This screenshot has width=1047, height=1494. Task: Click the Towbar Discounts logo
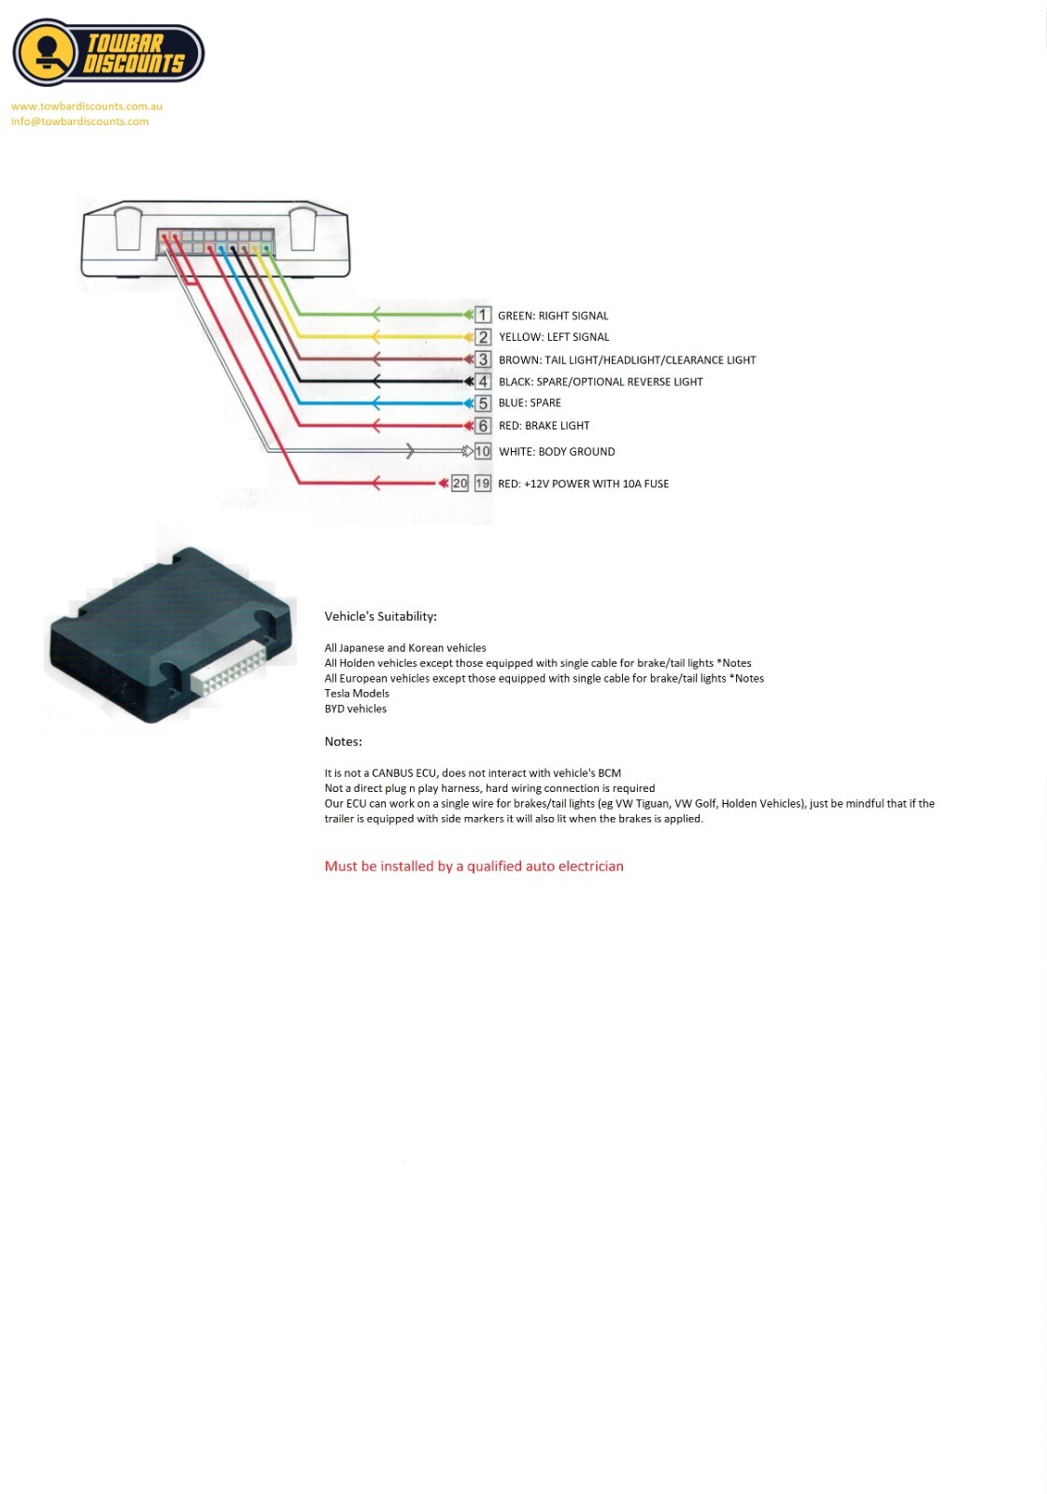[108, 53]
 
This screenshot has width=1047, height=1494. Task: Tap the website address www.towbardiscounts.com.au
[87, 106]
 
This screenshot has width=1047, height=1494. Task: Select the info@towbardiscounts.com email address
[80, 121]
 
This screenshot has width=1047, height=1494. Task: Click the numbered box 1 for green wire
[483, 315]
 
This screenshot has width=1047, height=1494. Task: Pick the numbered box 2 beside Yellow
[483, 337]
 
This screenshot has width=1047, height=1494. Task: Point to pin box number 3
[483, 359]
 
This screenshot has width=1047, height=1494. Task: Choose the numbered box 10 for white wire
[483, 451]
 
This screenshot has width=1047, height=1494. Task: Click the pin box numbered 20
[460, 483]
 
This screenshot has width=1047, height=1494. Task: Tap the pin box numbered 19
[483, 483]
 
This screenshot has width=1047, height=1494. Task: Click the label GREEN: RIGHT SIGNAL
[553, 316]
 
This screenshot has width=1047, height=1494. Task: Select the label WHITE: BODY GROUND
[557, 452]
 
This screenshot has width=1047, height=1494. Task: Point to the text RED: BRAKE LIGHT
[544, 426]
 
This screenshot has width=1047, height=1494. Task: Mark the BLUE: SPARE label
[530, 403]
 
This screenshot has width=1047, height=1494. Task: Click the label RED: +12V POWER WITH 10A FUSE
[583, 484]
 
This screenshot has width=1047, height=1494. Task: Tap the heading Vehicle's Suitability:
[380, 616]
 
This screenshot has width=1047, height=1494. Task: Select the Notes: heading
[343, 741]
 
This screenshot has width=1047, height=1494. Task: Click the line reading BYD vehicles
[355, 709]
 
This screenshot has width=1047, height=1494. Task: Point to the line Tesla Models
[357, 694]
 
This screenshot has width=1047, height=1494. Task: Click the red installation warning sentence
[474, 867]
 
